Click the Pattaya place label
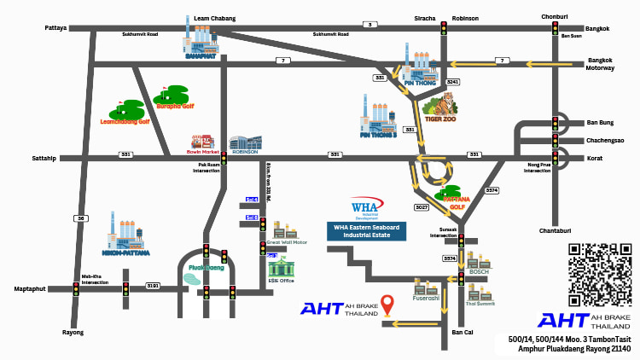(x=55, y=28)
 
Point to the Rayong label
(x=73, y=332)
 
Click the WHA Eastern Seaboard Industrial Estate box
(x=366, y=231)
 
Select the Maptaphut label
(x=31, y=289)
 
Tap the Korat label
(x=596, y=158)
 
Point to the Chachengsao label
(x=605, y=140)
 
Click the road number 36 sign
(x=81, y=218)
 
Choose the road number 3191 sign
(x=153, y=285)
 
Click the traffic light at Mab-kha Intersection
(x=76, y=289)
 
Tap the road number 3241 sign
(x=452, y=82)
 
